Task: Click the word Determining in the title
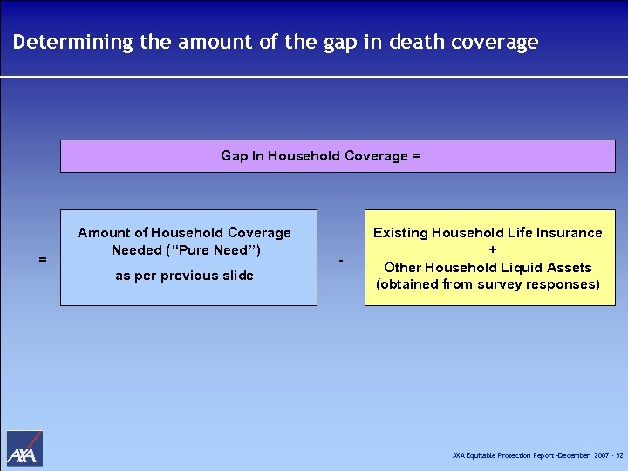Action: pos(72,42)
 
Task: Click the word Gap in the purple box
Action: pos(234,156)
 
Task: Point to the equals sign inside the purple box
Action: pos(416,156)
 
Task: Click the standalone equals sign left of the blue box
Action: pos(43,259)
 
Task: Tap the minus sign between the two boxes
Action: pos(341,261)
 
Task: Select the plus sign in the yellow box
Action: pos(493,250)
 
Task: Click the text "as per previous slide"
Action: pos(184,276)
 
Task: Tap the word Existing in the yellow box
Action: pos(399,233)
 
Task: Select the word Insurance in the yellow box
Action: pos(570,233)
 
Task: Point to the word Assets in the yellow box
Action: pos(569,268)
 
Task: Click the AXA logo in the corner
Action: pos(24,448)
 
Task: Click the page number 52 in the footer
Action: pos(619,456)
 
